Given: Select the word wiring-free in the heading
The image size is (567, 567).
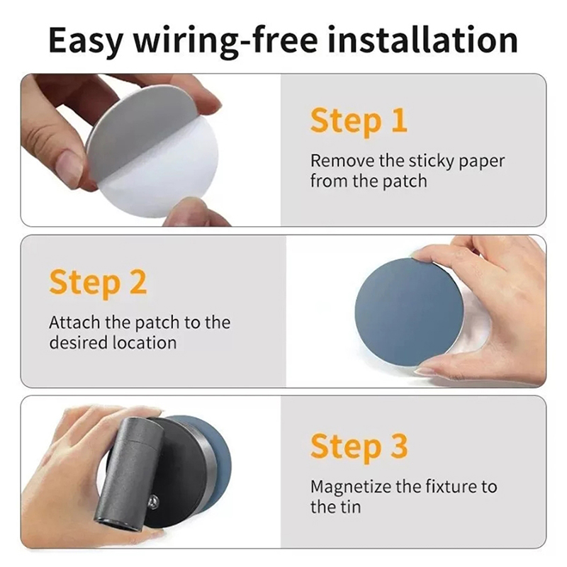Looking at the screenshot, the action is [x=225, y=41].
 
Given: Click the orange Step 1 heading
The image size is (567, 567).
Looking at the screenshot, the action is [x=359, y=121].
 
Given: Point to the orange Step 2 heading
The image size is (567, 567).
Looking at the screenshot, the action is [x=98, y=283].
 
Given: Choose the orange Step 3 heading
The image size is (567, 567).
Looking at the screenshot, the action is [x=359, y=447].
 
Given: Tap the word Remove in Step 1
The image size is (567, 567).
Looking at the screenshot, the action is [x=342, y=161].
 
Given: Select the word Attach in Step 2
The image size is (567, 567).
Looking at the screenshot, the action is [x=74, y=322].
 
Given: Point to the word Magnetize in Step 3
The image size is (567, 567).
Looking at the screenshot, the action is [x=350, y=487].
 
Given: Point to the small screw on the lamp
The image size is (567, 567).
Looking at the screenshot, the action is [x=153, y=501].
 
